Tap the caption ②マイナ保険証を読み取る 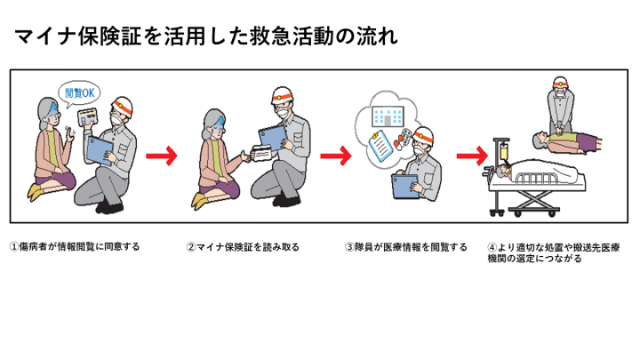pyautogui.click(x=238, y=246)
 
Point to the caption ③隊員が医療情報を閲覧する pyautogui.click(x=405, y=246)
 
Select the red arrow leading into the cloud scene pyautogui.click(x=335, y=156)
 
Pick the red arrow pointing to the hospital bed pyautogui.click(x=469, y=156)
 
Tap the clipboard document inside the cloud pyautogui.click(x=380, y=142)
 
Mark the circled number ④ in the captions pyautogui.click(x=492, y=246)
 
